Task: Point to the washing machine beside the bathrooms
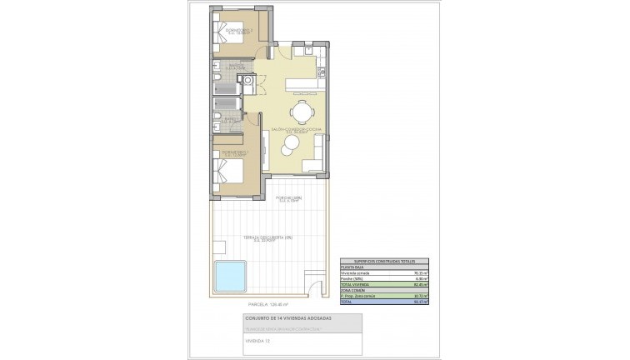pos(246,81)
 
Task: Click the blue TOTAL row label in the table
pos(347,302)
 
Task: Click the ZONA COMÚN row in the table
pos(354,290)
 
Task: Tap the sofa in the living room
pos(314,163)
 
